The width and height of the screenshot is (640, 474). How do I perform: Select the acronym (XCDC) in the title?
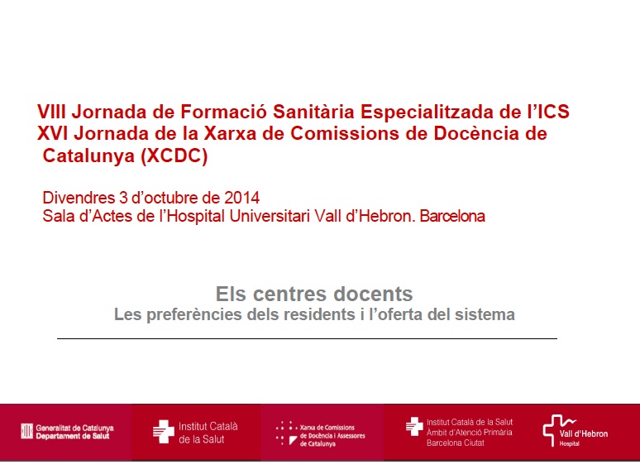pyautogui.click(x=174, y=156)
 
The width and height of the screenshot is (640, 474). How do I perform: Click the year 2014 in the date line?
pyautogui.click(x=241, y=198)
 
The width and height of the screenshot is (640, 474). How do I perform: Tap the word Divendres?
pyautogui.click(x=79, y=198)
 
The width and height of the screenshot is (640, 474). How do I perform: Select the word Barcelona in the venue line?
pyautogui.click(x=452, y=216)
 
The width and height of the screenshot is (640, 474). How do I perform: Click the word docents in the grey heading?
pyautogui.click(x=373, y=294)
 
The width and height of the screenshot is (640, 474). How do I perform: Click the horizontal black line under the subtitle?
pyautogui.click(x=307, y=338)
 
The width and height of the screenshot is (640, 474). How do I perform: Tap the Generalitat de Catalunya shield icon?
pyautogui.click(x=27, y=432)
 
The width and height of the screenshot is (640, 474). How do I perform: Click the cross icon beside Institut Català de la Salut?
pyautogui.click(x=163, y=432)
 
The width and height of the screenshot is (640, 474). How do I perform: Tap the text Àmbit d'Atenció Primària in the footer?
pyautogui.click(x=470, y=433)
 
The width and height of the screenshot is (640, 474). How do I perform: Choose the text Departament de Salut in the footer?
pyautogui.click(x=73, y=437)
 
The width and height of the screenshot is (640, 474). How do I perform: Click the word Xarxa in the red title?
pyautogui.click(x=230, y=133)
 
